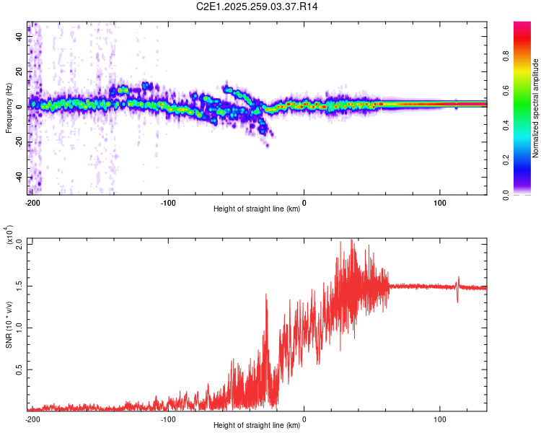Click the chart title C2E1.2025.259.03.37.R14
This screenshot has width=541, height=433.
pos(258,6)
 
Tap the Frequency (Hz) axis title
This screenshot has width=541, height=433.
pos(9,108)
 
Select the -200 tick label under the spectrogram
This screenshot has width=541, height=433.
pos(32,202)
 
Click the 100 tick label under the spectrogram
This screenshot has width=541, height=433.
pos(439,202)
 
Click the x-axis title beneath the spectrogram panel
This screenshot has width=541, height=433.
pos(257,209)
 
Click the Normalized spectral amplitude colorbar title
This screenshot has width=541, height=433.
pos(536,108)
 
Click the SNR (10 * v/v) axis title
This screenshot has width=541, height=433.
pos(9,325)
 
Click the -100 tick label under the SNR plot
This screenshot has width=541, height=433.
pos(168,419)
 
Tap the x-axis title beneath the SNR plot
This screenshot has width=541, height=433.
pos(257,426)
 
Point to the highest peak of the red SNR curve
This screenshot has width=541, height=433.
pos(351,240)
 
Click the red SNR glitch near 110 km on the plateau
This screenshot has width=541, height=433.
pos(457,287)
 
